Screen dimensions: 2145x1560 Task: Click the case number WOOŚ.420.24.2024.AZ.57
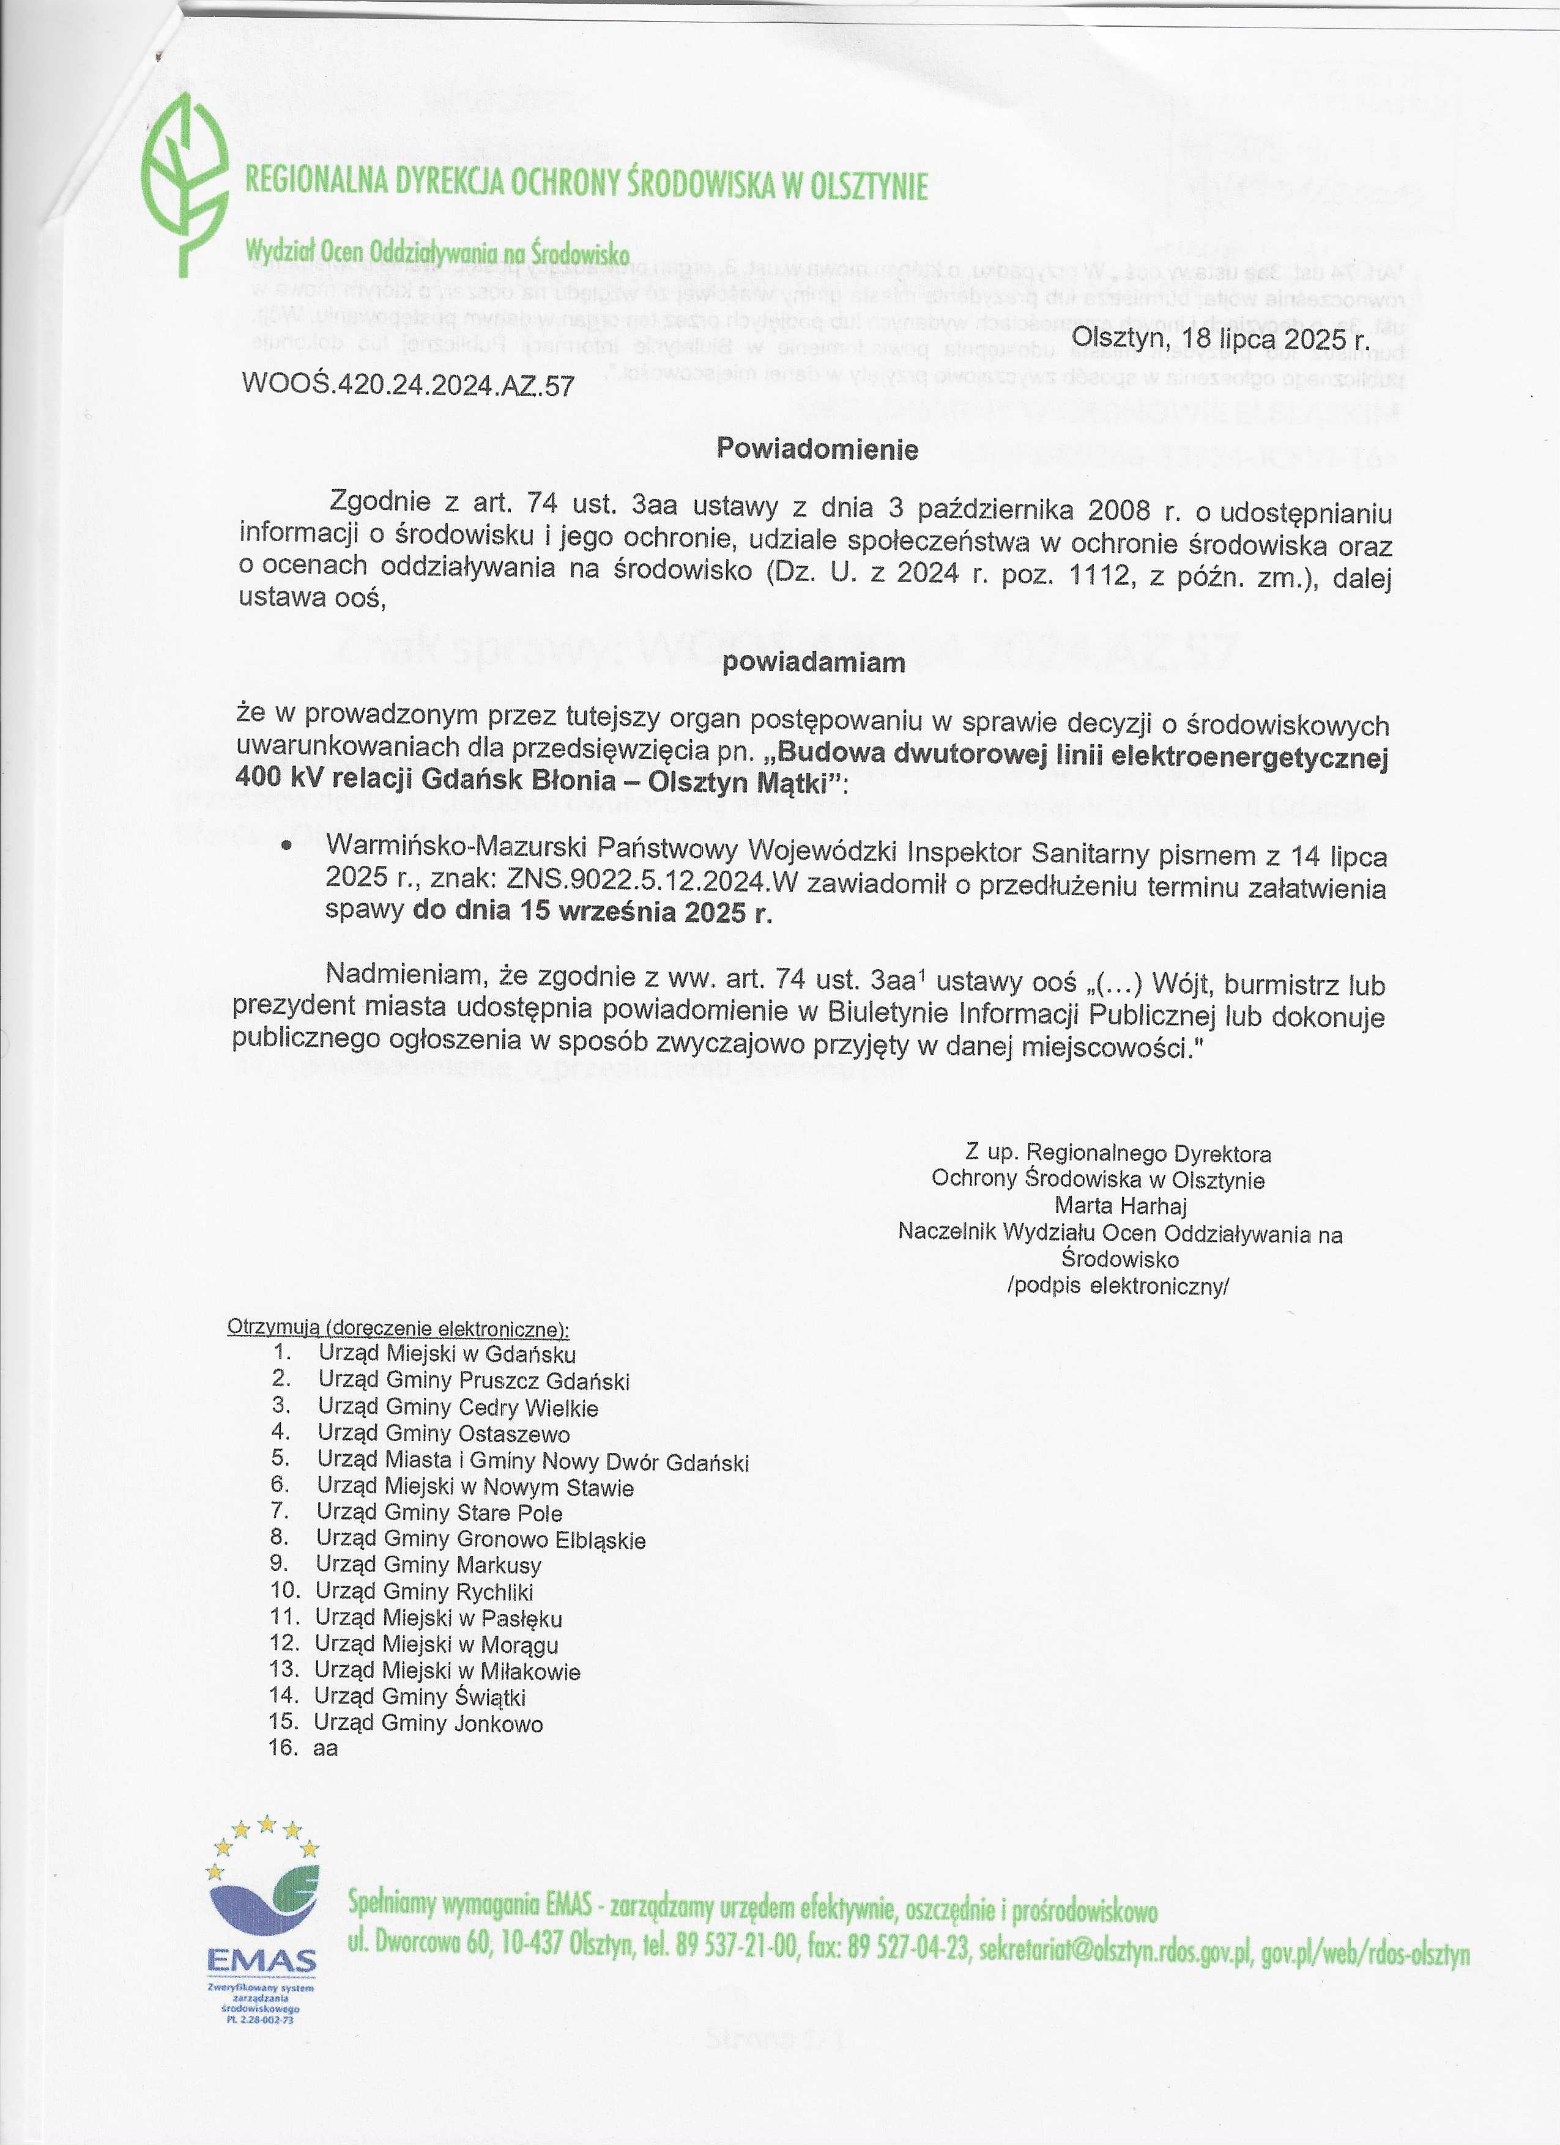point(409,386)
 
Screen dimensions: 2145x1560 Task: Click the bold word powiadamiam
point(814,662)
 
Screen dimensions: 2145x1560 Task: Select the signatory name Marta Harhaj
point(1120,1206)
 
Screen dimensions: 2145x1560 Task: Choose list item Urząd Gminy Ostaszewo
point(444,1434)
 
